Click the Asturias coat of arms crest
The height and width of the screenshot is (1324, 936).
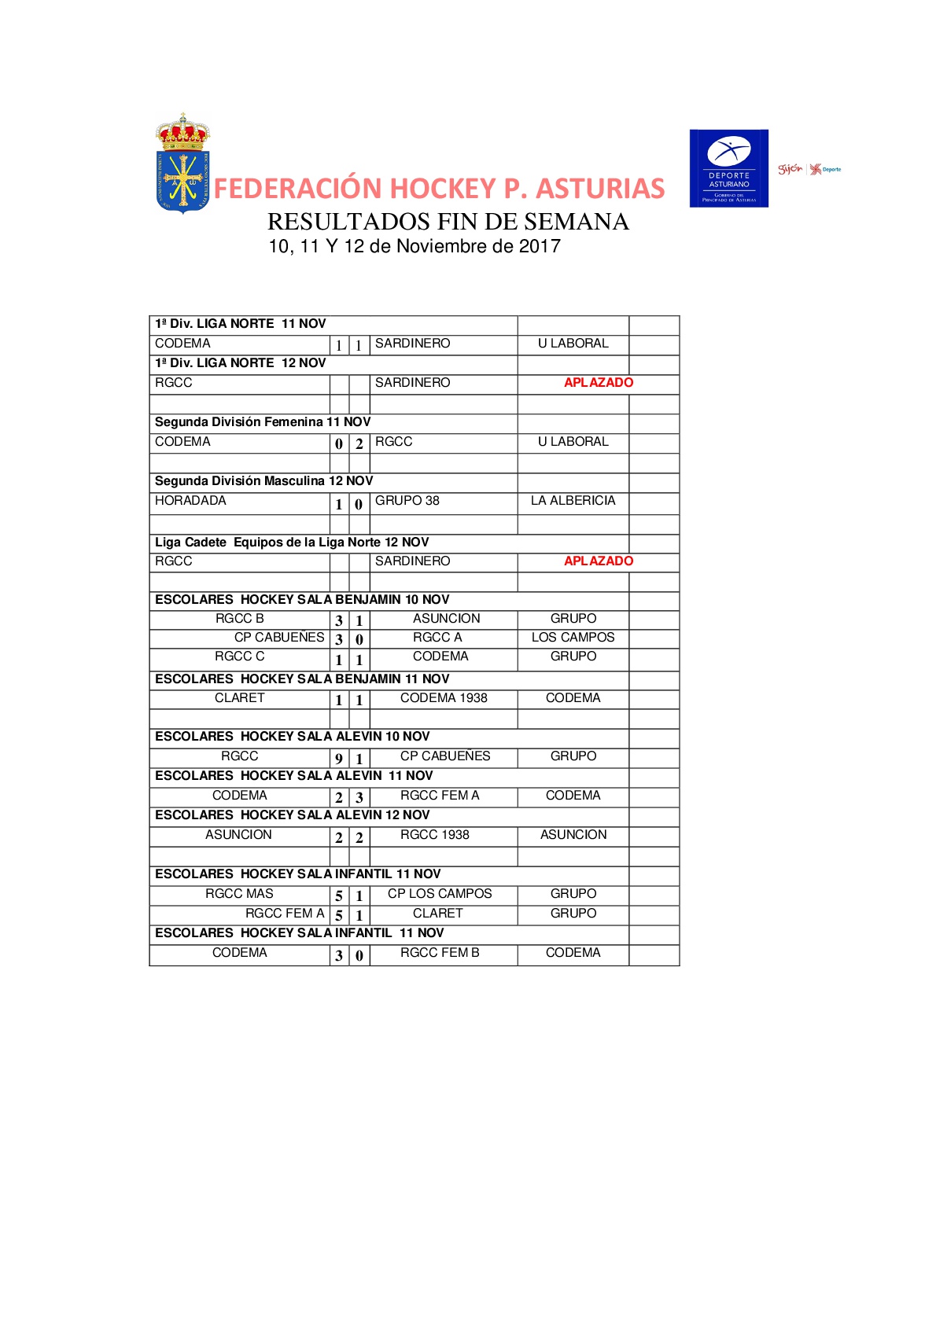(182, 164)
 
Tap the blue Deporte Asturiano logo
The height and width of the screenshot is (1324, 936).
(728, 168)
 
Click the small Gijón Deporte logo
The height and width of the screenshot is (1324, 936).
(809, 169)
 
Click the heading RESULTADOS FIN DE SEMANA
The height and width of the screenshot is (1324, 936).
(448, 222)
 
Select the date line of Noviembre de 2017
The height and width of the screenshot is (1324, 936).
(415, 247)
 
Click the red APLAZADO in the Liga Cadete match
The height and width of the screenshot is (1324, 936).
(598, 561)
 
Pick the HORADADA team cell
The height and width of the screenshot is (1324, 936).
(190, 501)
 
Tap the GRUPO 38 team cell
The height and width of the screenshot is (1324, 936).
(407, 501)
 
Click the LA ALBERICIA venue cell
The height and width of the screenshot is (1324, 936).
(573, 501)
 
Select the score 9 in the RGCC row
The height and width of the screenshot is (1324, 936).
(339, 759)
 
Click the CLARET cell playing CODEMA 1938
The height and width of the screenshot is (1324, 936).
(239, 698)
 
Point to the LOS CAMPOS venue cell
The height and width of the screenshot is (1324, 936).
(573, 638)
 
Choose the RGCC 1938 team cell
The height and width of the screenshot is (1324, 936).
(434, 835)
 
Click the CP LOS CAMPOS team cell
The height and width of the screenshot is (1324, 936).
(439, 894)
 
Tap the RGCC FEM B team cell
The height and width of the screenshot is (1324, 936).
(439, 953)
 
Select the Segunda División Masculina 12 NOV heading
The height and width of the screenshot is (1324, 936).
(263, 481)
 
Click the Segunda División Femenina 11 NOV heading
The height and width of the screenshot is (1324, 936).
(262, 422)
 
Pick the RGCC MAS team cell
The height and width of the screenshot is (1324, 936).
(239, 894)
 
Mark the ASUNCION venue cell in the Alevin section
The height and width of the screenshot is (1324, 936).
(573, 835)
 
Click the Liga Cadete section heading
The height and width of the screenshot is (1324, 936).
(291, 542)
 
